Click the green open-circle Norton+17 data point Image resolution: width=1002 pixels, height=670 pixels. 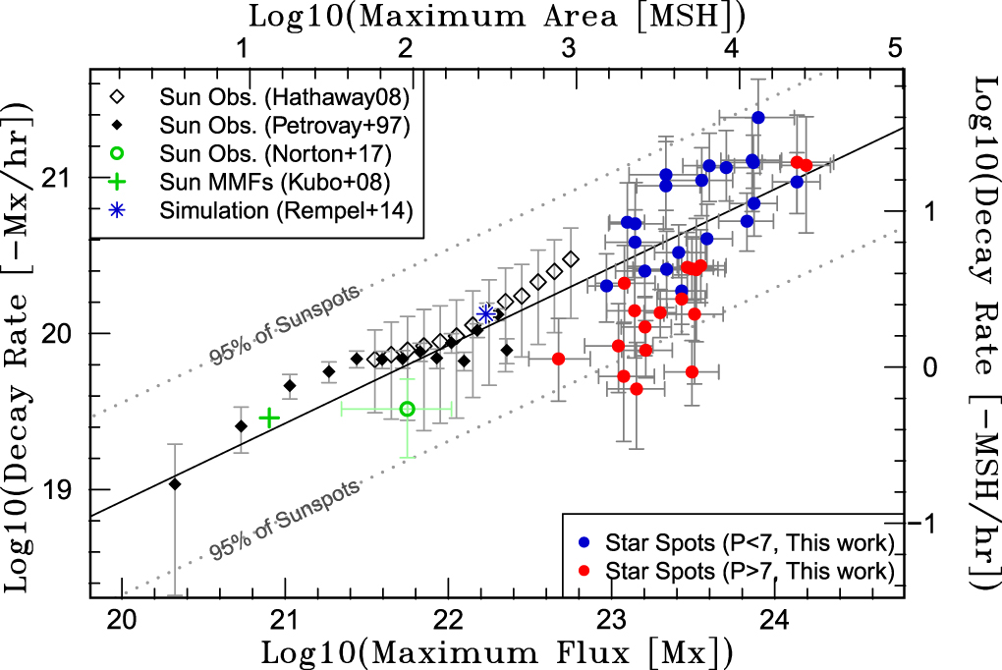coord(408,409)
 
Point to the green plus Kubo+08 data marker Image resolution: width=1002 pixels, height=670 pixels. coord(269,418)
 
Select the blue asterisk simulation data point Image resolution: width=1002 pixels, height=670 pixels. coord(485,313)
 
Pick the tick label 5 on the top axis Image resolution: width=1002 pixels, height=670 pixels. coord(895,47)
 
